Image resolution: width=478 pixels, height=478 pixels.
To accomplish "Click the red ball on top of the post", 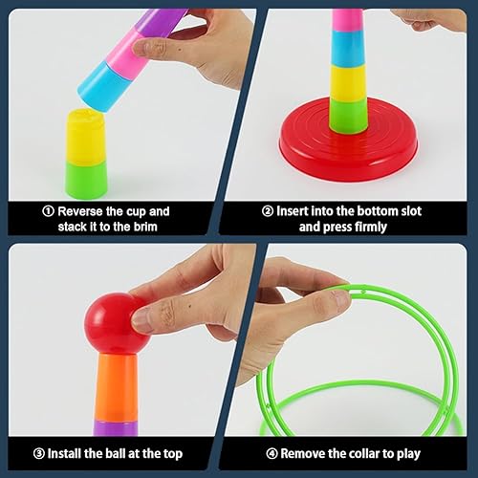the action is point(117,323).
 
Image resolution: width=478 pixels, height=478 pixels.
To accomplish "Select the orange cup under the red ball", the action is point(117,387).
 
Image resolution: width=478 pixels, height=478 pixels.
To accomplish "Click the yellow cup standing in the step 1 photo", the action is point(85,137).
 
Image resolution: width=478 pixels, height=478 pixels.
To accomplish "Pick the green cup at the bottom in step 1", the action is point(86,180).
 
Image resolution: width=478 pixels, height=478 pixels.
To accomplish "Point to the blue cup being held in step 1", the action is point(103,87).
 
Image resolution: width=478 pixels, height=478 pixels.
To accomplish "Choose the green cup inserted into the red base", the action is point(349,116).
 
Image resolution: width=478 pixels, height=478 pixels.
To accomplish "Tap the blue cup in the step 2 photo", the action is point(348,49).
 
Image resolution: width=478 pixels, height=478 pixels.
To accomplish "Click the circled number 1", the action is point(48,211).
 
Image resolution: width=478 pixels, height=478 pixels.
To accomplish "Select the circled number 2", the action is point(268,211).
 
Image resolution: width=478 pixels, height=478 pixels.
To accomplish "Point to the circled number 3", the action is point(39,453).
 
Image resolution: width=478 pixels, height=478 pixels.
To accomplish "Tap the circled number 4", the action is point(272,453).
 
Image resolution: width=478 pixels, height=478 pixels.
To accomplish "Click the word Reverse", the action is point(80,211).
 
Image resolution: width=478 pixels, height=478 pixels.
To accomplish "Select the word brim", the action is point(145,227).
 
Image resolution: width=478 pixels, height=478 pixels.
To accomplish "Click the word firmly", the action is point(370,228).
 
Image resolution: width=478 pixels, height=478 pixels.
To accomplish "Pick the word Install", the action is point(65,453).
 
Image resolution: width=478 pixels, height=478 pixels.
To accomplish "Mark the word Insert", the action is point(292,211).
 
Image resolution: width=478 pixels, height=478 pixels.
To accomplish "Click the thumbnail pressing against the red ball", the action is point(141,320).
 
